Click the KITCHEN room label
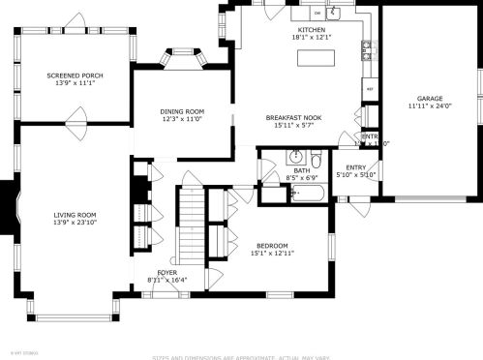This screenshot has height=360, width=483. pyautogui.click(x=312, y=31)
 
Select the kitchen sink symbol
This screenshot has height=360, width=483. pyautogui.click(x=332, y=13)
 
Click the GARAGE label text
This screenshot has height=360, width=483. pyautogui.click(x=430, y=99)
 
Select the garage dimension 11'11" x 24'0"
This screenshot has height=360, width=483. pyautogui.click(x=430, y=107)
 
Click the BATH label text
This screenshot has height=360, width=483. pyautogui.click(x=301, y=170)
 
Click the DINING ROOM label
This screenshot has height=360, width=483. pyautogui.click(x=182, y=111)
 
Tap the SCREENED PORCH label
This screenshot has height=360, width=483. pyautogui.click(x=75, y=75)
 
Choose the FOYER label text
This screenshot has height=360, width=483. pyautogui.click(x=167, y=273)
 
